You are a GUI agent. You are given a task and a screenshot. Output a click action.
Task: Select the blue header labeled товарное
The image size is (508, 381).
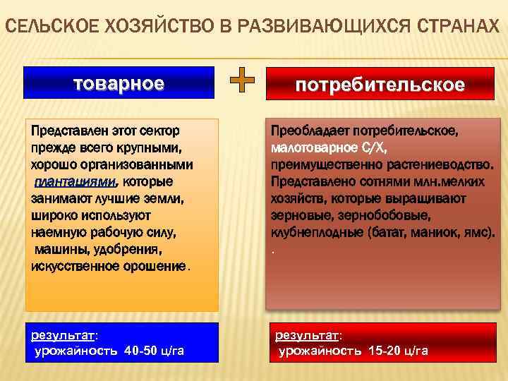point(119,83)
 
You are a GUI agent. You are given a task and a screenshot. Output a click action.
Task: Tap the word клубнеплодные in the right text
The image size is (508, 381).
point(308,233)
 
